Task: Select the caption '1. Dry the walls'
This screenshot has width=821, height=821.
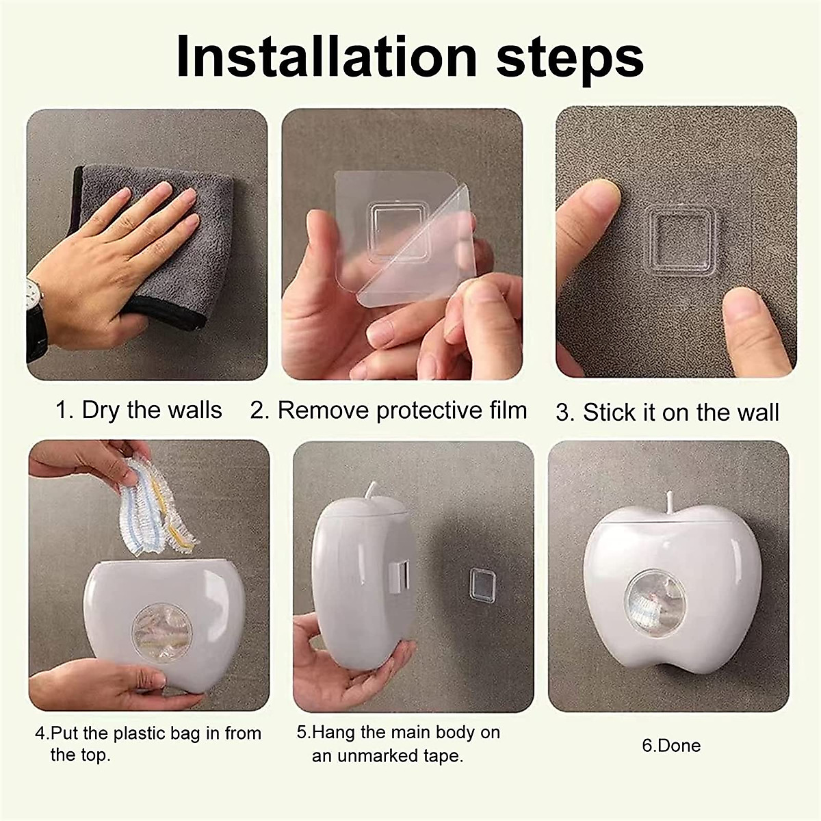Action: point(138,410)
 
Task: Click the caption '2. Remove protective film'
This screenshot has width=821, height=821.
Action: point(388,410)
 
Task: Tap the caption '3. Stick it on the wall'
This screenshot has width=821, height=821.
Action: point(667,413)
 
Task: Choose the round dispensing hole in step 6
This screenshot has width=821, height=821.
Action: point(655,603)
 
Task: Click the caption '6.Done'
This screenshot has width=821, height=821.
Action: point(670,745)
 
